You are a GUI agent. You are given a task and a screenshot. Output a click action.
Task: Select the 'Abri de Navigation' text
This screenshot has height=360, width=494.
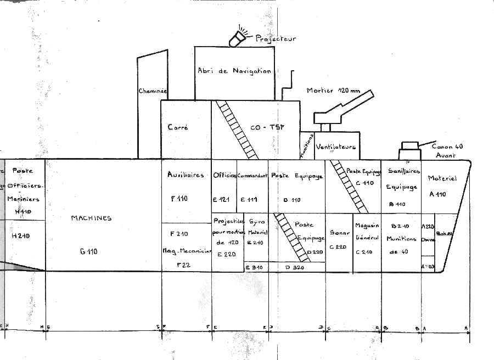click(234, 71)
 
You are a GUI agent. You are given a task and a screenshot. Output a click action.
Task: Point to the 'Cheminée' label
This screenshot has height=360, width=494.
click(153, 91)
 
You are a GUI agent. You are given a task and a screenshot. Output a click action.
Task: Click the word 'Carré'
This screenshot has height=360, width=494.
click(178, 127)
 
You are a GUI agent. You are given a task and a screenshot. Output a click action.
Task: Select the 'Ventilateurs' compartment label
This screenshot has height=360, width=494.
click(336, 147)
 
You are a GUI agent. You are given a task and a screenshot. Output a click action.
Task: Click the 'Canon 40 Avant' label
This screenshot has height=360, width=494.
click(447, 150)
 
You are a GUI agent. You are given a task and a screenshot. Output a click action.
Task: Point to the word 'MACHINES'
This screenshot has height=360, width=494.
click(91, 218)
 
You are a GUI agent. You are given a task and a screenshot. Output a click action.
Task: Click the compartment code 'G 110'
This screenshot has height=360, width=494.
click(88, 252)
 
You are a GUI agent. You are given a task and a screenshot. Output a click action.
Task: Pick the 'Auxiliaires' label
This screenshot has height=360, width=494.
click(186, 175)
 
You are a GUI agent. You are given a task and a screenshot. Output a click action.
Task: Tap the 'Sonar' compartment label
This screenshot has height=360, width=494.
click(339, 233)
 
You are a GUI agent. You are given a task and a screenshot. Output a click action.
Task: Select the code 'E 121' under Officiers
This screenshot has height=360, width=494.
click(223, 200)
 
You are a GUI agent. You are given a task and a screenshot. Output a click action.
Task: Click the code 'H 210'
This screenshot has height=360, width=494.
click(20, 236)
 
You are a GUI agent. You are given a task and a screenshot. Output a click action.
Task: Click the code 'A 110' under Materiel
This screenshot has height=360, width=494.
click(438, 194)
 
